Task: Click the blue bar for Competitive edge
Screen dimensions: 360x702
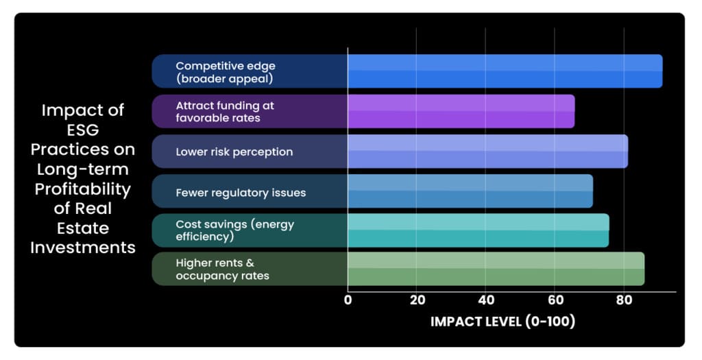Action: (x=505, y=71)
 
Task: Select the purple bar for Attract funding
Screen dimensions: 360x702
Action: (x=461, y=111)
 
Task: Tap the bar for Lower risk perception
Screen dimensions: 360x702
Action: (x=487, y=151)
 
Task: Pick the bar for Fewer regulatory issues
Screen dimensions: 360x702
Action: (x=470, y=191)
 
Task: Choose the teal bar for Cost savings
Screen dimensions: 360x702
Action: (x=478, y=230)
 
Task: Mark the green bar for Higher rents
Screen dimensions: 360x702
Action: (x=496, y=269)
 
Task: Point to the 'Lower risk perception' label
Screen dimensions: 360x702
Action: (x=234, y=152)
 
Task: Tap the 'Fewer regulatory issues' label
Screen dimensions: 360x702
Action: (x=241, y=192)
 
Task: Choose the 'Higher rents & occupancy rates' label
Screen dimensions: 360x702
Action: (x=222, y=269)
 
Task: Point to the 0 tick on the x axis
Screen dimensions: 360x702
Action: (x=348, y=300)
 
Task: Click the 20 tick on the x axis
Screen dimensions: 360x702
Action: (x=417, y=300)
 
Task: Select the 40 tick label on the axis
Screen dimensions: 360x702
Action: (x=485, y=300)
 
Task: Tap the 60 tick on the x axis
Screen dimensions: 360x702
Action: (x=555, y=300)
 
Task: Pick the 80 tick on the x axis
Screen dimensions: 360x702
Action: (x=623, y=300)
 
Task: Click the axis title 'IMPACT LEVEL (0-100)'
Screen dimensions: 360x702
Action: (x=503, y=321)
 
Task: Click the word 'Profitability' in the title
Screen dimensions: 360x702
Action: (x=82, y=189)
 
